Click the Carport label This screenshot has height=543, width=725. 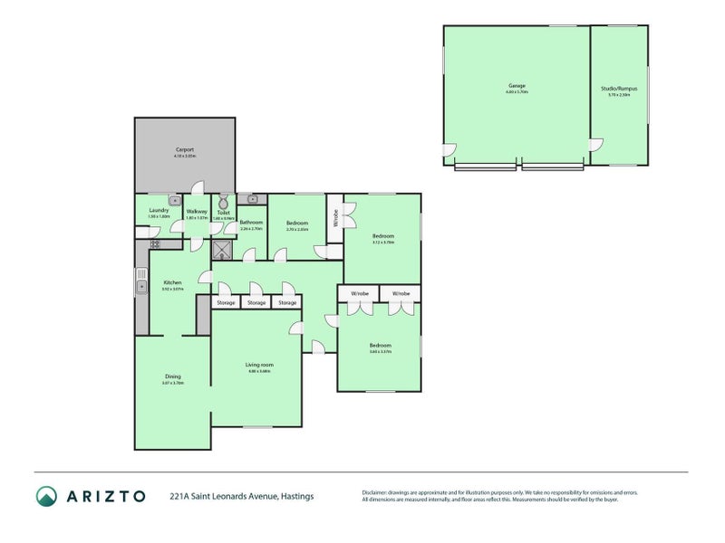click(x=185, y=149)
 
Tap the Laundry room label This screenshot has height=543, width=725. click(x=159, y=211)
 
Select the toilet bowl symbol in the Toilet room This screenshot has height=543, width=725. click(x=223, y=203)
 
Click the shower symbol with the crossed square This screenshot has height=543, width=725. click(x=222, y=250)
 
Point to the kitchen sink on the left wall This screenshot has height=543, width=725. click(x=142, y=288)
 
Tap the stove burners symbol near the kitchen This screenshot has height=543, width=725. click(x=154, y=243)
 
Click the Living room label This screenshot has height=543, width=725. click(x=259, y=364)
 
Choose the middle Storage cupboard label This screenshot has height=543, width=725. click(x=256, y=302)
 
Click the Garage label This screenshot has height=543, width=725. click(x=517, y=87)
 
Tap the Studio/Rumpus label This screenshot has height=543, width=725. click(x=619, y=88)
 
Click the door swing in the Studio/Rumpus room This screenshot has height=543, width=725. click(x=595, y=145)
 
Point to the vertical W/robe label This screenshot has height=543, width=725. click(x=334, y=218)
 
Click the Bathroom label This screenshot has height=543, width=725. click(x=251, y=223)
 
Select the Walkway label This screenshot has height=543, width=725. click(x=197, y=212)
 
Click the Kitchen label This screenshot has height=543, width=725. click(x=172, y=282)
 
